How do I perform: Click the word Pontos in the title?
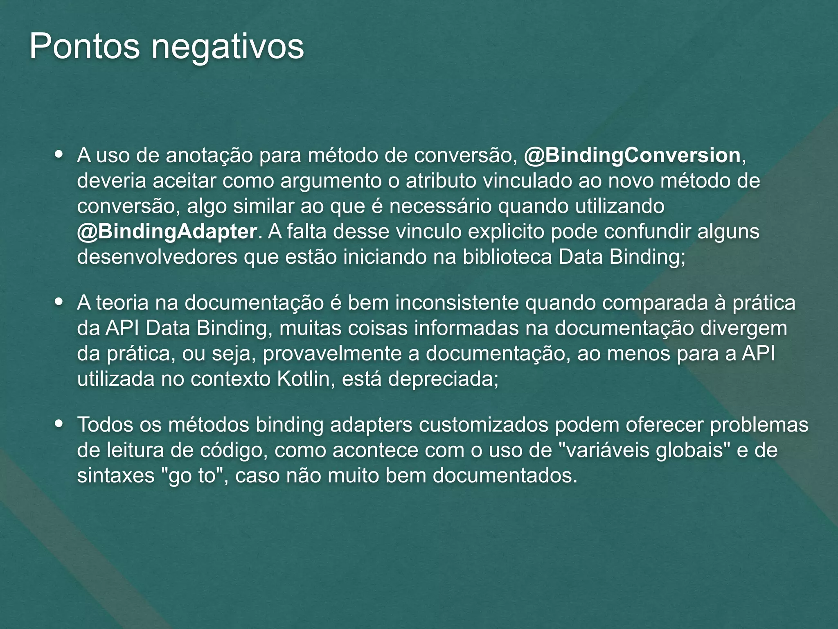coord(84,47)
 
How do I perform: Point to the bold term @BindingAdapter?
coord(167,232)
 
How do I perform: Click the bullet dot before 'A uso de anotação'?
coord(59,155)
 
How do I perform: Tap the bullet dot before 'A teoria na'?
coord(59,303)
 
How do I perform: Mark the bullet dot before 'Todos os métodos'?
coord(59,424)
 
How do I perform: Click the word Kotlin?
coord(303,379)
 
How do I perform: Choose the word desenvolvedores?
coord(157,257)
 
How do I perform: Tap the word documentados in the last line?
coord(505,475)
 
